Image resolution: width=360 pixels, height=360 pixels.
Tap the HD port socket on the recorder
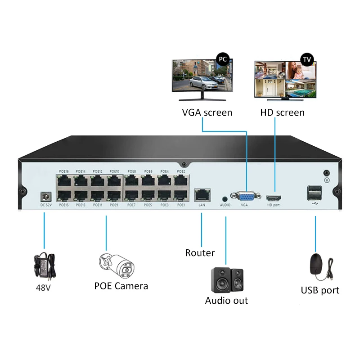click(274, 198)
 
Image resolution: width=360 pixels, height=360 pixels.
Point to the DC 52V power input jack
click(45, 197)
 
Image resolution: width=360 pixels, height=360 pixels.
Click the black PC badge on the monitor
click(222, 59)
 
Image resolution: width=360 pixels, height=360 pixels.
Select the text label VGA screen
click(207, 112)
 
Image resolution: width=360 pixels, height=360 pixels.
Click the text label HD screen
click(282, 112)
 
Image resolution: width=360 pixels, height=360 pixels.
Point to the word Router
click(200, 253)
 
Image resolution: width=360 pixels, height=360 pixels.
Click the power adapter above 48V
click(45, 265)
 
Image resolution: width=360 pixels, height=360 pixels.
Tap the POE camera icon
click(117, 265)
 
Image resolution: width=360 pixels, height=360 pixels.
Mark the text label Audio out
click(226, 301)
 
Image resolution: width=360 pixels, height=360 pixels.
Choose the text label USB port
click(320, 290)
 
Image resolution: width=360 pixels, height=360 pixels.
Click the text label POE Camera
click(121, 286)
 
